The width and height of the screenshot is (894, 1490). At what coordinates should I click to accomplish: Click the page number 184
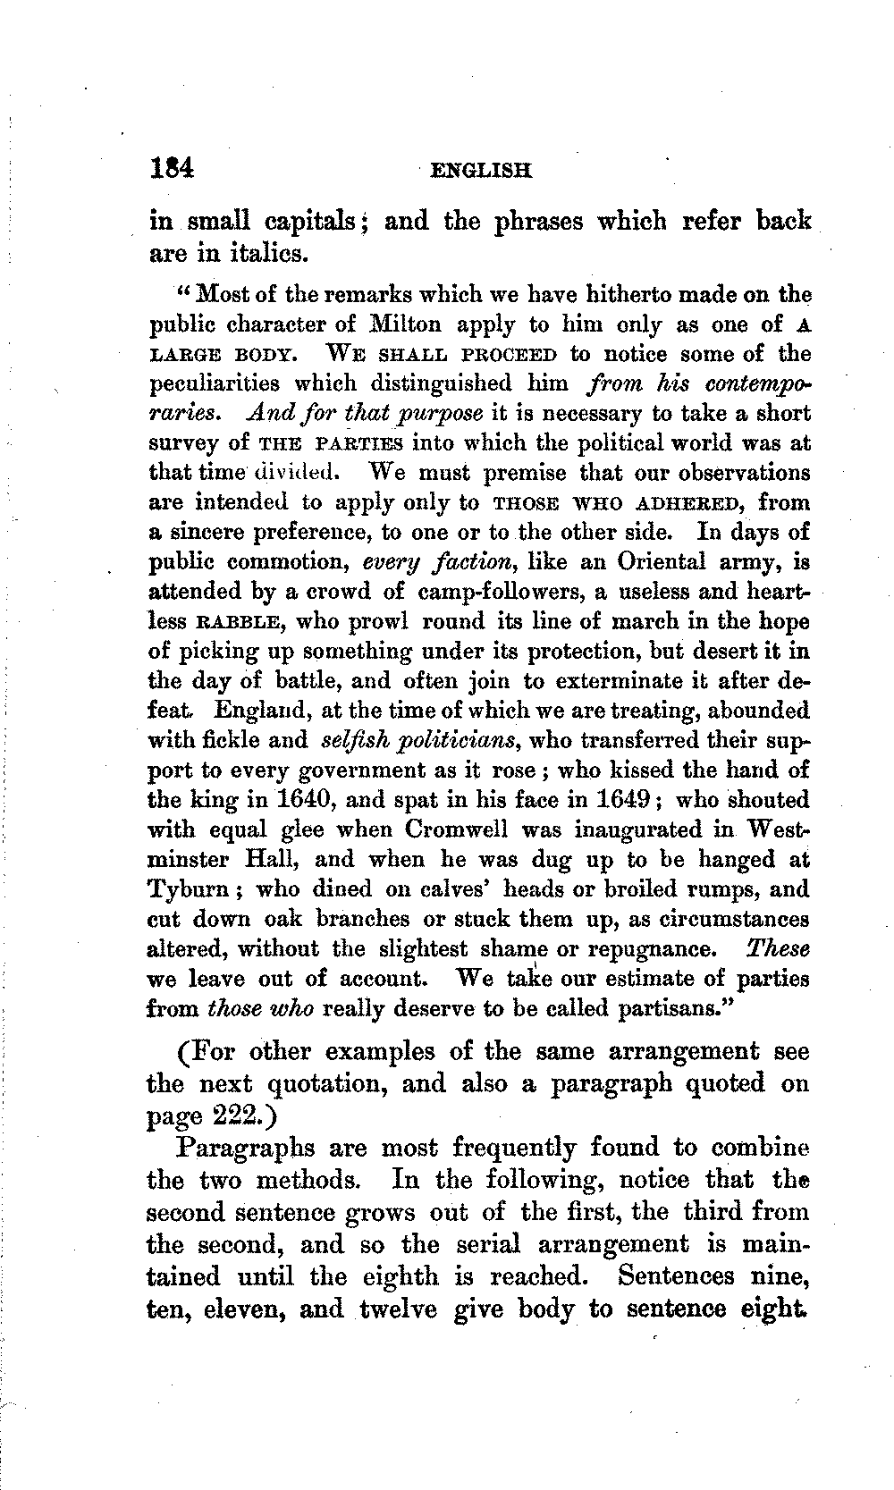(x=172, y=168)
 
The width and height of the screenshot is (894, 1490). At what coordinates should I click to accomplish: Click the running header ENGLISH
(x=480, y=170)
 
